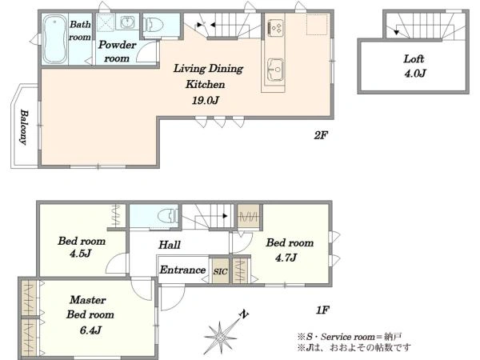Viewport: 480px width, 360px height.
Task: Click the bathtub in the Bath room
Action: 54,39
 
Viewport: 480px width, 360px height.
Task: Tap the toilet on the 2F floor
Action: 154,25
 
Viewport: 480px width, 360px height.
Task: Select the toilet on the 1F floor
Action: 168,215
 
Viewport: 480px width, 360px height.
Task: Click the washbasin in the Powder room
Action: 127,22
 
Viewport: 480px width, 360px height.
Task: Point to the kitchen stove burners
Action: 275,27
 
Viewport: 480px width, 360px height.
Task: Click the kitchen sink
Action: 275,70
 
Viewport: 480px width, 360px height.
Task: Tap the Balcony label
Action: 23,126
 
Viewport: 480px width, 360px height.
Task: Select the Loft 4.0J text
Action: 414,66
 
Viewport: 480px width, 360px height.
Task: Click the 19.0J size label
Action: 205,100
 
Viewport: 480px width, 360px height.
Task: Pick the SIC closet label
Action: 221,271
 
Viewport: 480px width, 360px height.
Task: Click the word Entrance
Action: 182,270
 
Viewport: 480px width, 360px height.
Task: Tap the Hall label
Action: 170,245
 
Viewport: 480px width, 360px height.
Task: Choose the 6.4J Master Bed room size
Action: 90,330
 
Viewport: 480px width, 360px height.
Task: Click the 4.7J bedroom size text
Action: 286,258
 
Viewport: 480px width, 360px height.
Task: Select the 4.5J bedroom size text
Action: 80,253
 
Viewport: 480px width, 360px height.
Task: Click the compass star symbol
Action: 220,338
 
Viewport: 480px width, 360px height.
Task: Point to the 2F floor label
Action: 321,135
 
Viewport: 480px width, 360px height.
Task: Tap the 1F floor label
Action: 322,310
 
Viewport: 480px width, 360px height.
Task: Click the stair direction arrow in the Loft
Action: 397,31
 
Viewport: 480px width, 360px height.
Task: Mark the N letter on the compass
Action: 244,314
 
